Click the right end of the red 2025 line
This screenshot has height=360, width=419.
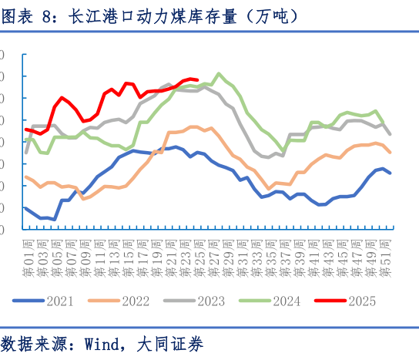click(x=198, y=79)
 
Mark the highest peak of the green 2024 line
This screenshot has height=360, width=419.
click(x=220, y=74)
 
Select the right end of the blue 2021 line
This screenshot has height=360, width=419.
click(x=390, y=173)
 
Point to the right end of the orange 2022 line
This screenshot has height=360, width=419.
click(x=390, y=152)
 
